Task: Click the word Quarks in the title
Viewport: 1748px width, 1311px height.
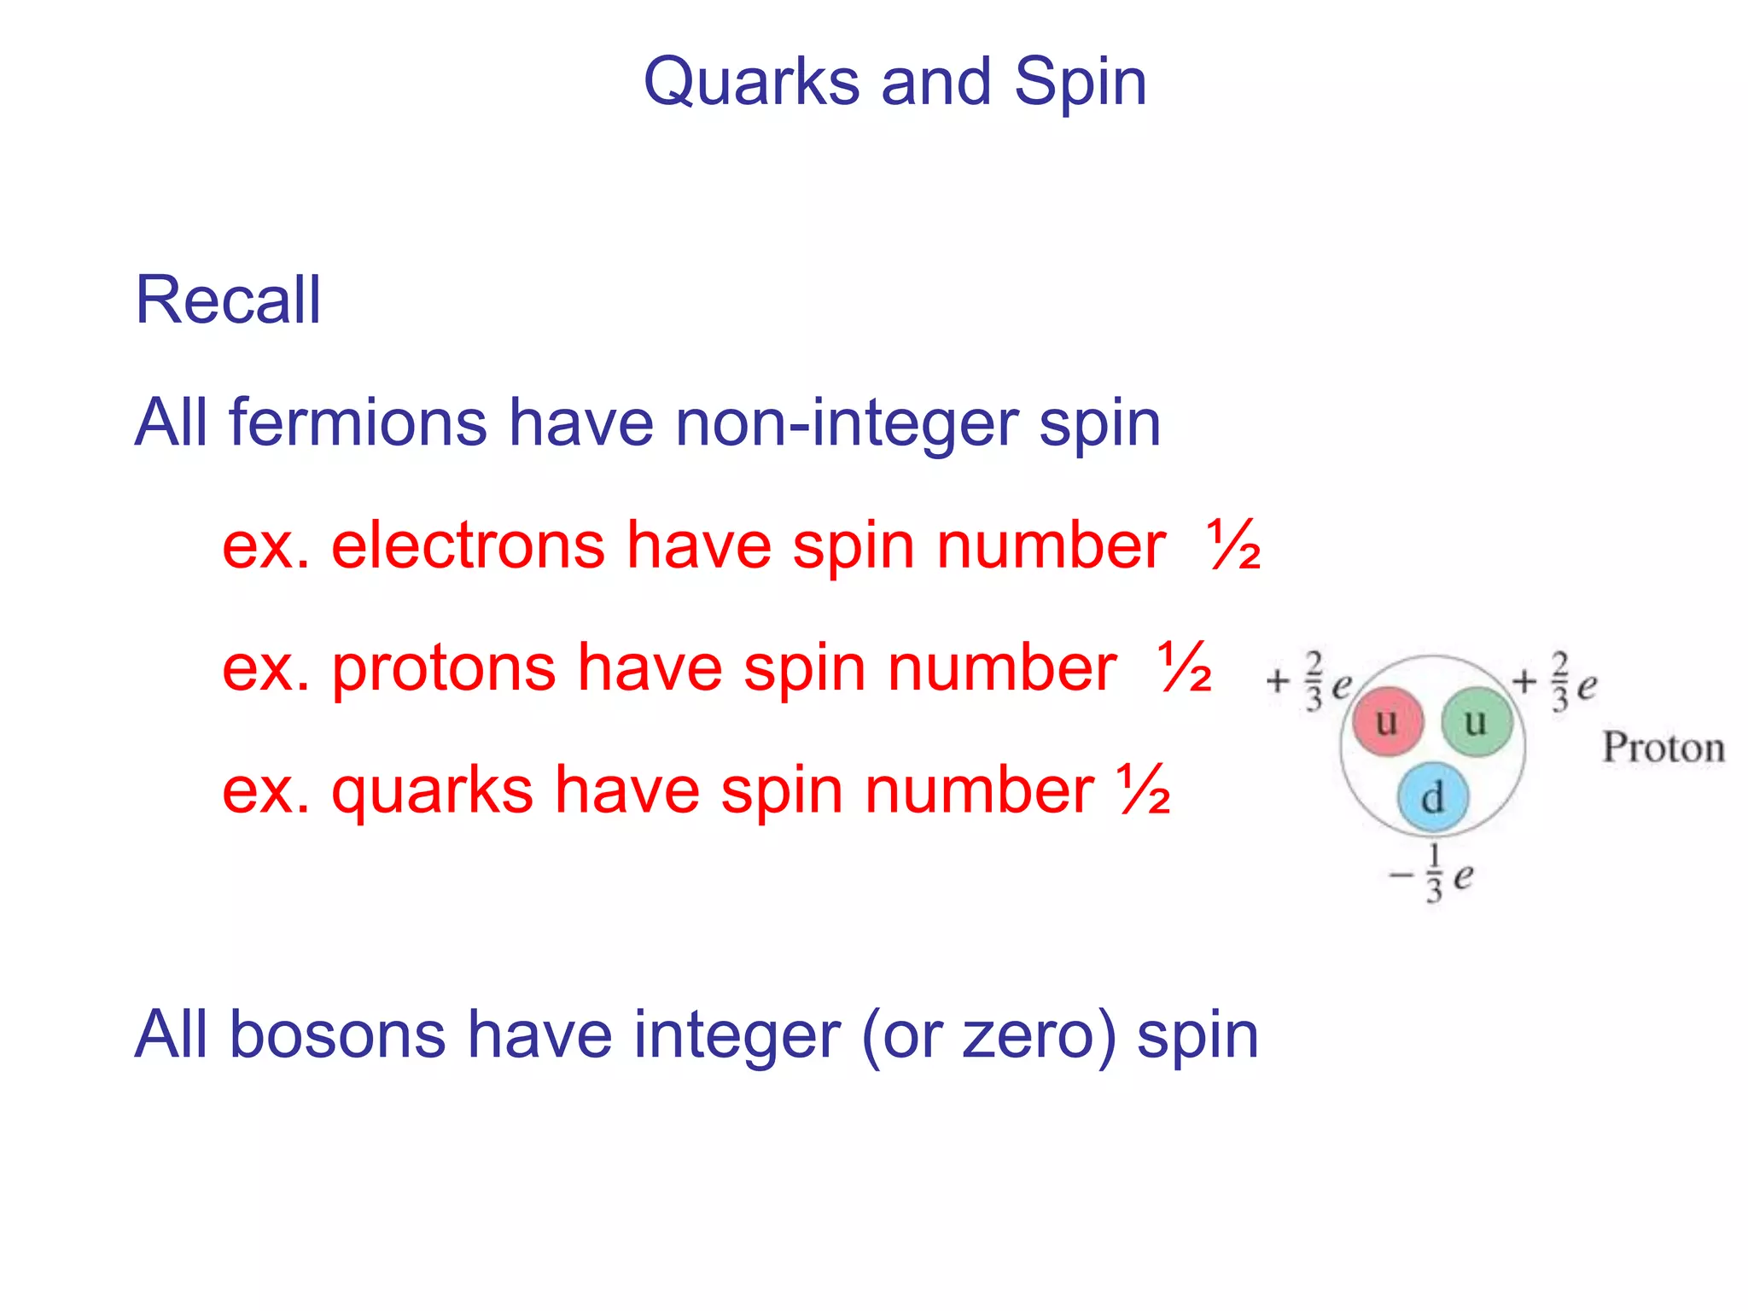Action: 751,83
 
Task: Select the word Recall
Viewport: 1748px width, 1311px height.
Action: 228,300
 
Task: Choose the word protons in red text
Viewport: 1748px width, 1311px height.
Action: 443,668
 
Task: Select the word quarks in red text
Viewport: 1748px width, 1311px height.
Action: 432,792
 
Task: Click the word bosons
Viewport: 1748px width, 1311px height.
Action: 337,1035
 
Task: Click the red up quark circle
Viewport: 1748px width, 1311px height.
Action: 1388,722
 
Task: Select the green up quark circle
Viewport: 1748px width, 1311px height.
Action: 1477,722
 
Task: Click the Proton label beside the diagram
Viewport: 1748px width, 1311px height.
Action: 1664,749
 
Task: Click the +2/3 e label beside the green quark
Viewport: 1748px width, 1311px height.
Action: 1555,682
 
